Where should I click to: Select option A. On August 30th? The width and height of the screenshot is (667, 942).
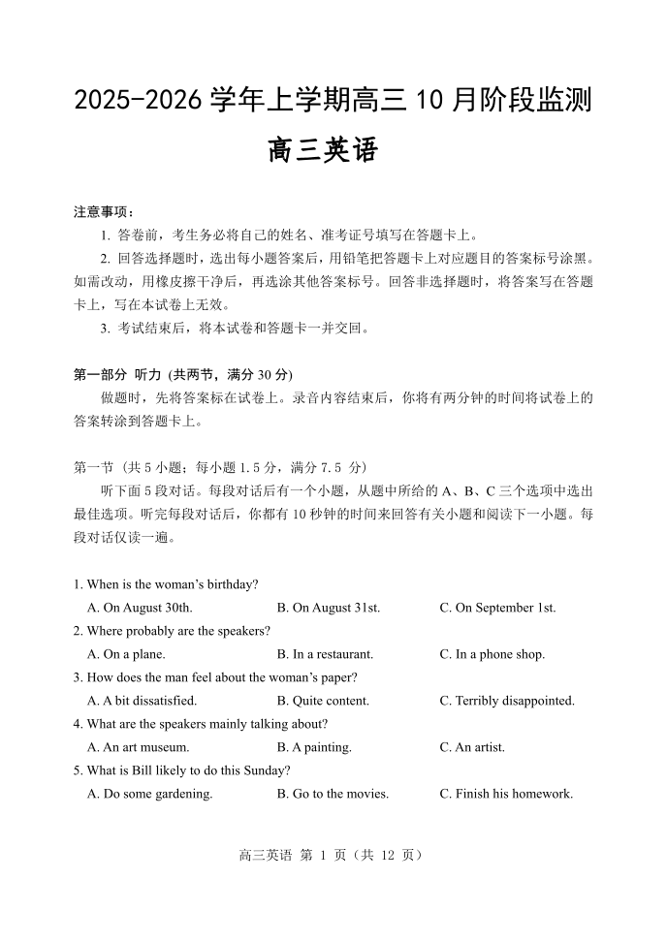click(140, 608)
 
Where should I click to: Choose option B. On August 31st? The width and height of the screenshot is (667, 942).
click(328, 608)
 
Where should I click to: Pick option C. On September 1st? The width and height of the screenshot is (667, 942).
click(497, 608)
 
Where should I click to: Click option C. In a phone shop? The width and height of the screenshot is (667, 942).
click(492, 654)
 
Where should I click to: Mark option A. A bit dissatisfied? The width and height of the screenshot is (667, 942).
click(142, 701)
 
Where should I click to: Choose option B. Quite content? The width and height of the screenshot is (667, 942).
click(323, 701)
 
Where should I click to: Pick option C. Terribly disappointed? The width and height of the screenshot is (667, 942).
click(507, 701)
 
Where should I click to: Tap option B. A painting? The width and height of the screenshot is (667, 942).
click(314, 747)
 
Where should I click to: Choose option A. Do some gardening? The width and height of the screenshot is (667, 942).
click(149, 794)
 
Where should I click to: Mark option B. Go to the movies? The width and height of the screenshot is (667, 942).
click(333, 794)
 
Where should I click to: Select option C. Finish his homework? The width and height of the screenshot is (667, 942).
click(506, 794)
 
